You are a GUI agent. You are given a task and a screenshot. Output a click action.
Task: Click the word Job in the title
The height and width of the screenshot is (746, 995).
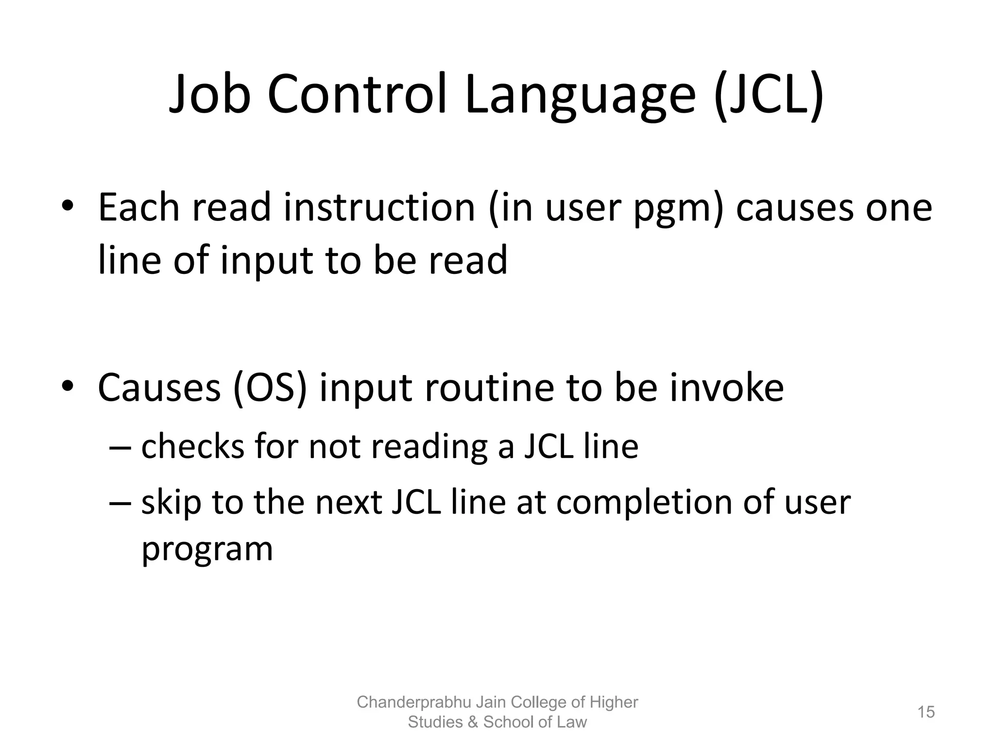(x=210, y=95)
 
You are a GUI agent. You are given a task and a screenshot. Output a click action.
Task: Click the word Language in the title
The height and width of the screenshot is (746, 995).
(x=581, y=97)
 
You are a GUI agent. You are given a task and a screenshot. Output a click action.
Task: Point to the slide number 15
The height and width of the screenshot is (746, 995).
(x=926, y=712)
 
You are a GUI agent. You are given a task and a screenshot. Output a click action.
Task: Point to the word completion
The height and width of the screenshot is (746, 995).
(x=644, y=503)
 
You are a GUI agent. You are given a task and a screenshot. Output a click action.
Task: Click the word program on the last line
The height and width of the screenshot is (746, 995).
(x=207, y=550)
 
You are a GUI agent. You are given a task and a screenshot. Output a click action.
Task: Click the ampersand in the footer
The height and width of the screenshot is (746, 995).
(x=473, y=722)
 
